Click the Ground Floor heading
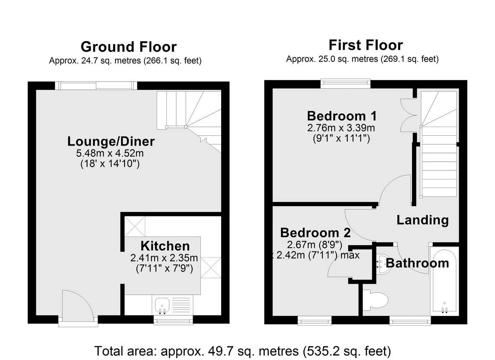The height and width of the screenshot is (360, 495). tap(129, 47)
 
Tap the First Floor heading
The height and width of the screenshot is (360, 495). tap(366, 45)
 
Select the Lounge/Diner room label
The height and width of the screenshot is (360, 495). tap(111, 141)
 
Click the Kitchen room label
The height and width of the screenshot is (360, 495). tap(165, 246)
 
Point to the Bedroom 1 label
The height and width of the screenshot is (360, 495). tap(342, 116)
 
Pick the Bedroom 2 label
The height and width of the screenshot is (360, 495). tap(315, 233)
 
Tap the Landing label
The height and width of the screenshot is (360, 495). tap(422, 220)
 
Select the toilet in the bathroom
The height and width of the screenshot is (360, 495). tap(376, 300)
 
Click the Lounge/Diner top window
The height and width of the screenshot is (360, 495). tap(96, 85)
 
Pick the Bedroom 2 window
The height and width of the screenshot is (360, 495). tap(314, 320)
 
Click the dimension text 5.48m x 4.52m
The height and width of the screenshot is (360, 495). tap(110, 153)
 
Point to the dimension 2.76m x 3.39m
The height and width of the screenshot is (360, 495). tap(341, 128)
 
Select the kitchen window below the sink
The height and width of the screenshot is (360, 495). tap(173, 320)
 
